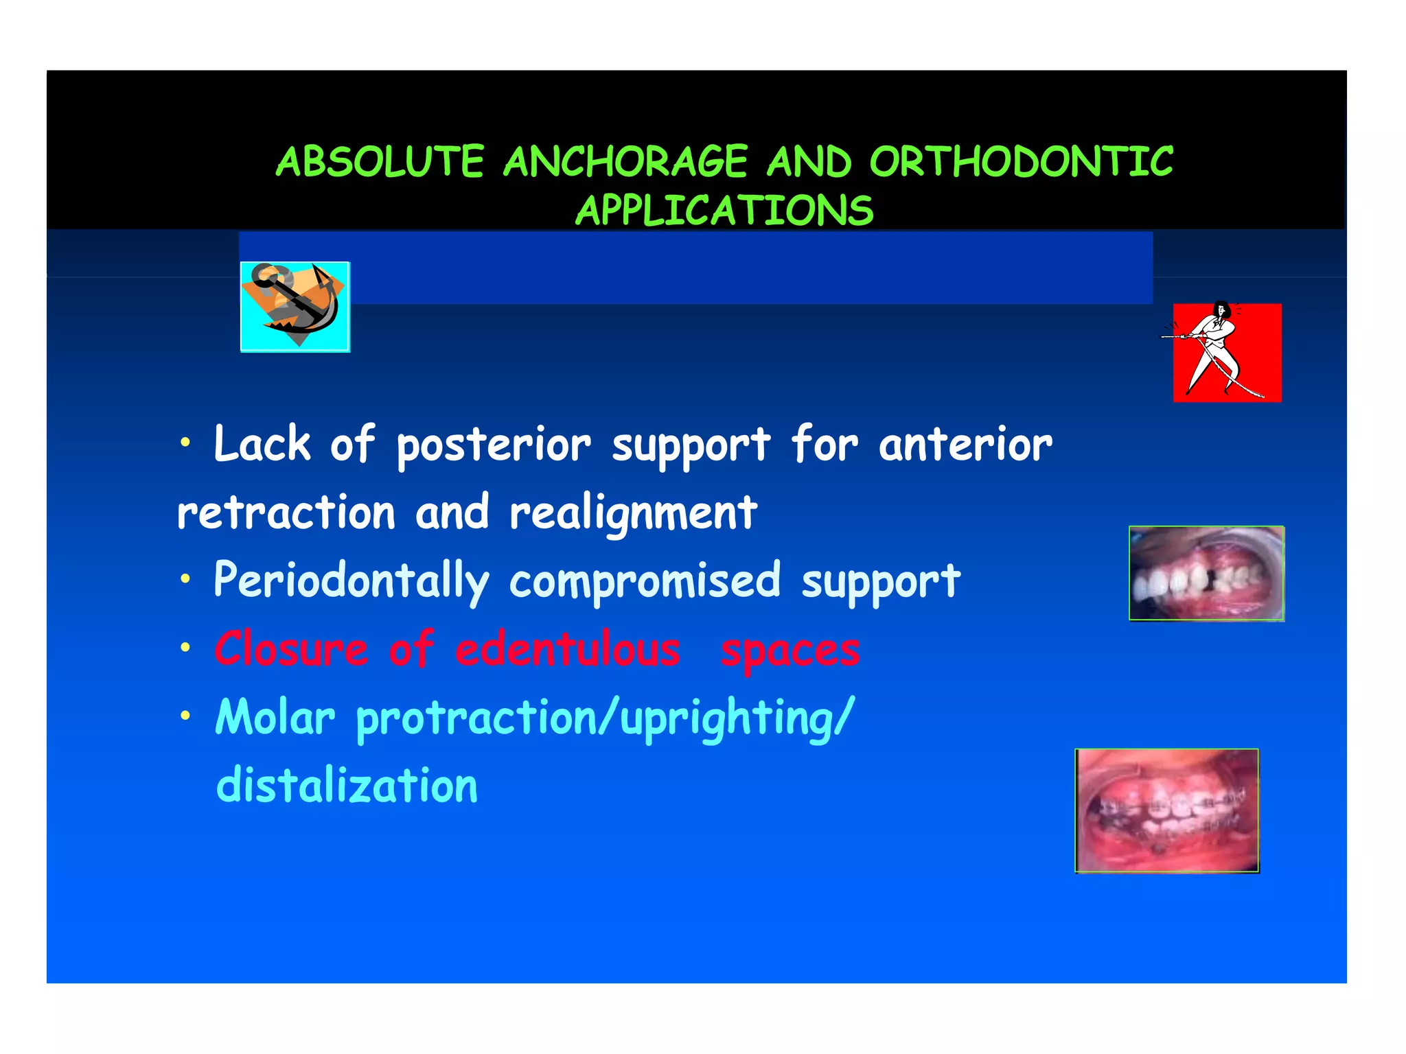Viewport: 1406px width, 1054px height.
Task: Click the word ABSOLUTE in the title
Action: [x=380, y=162]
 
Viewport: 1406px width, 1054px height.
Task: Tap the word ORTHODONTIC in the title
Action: [x=1021, y=162]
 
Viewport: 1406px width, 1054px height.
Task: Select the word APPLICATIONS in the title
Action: [x=724, y=210]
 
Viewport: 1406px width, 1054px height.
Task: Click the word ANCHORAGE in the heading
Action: [x=625, y=162]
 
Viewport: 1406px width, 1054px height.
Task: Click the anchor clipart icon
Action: [x=295, y=307]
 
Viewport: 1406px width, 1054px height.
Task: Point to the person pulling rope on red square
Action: [x=1227, y=352]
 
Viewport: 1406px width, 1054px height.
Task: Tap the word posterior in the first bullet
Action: [x=493, y=445]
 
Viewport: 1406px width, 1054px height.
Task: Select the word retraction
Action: [x=286, y=513]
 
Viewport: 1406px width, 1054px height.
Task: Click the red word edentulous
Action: [x=568, y=649]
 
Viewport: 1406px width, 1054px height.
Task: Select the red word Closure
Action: [x=291, y=649]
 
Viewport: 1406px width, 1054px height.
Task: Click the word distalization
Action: [x=347, y=786]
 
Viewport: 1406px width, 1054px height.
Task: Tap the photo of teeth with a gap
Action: [x=1206, y=574]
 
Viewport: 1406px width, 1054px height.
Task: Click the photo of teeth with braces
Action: [x=1166, y=810]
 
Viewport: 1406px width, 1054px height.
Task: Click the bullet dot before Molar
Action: [x=185, y=716]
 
